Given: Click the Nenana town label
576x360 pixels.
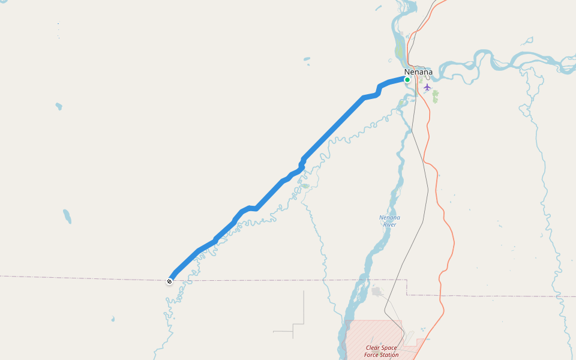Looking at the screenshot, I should [418, 72].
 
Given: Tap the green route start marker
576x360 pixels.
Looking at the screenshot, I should [407, 80].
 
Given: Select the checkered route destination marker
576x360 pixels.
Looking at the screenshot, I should [170, 281].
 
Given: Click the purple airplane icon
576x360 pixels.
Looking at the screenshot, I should [427, 87].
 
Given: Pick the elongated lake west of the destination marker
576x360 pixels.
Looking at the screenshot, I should [67, 216].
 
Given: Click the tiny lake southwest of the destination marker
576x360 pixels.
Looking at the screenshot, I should [112, 319].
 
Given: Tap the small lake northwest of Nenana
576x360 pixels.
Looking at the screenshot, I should [307, 59].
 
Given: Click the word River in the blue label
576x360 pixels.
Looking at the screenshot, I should [389, 224].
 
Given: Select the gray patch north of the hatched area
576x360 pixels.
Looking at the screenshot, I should [377, 292].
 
